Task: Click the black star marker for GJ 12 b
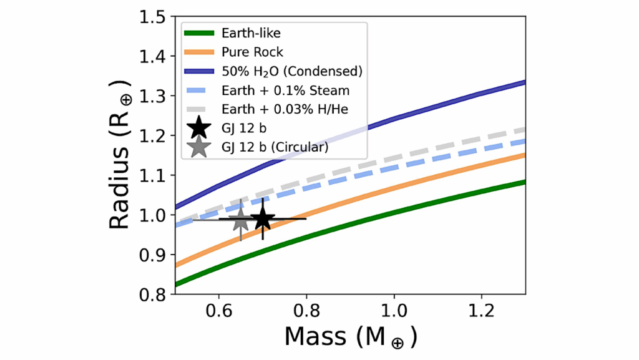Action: tap(263, 218)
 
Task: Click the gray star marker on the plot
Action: tap(241, 220)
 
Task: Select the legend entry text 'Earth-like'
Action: tap(245, 32)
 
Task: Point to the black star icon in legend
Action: tap(199, 129)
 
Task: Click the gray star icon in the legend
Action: tap(199, 148)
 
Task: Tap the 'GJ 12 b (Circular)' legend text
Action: tap(271, 148)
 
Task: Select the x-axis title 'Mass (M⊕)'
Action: tap(351, 335)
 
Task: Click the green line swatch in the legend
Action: tap(199, 32)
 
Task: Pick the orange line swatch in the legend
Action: tap(199, 52)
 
